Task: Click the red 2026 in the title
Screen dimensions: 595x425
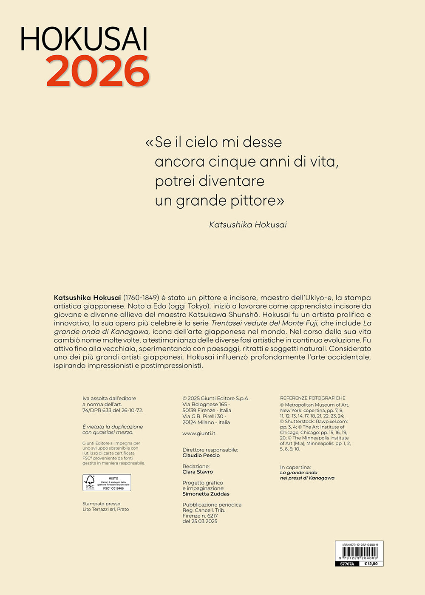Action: pos(98,71)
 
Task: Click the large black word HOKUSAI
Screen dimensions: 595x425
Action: pos(84,39)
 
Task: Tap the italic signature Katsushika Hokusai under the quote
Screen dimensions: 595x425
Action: pos(248,224)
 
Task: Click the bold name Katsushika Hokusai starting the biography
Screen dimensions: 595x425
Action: pos(88,297)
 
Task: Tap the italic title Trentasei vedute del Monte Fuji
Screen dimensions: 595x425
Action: pos(264,323)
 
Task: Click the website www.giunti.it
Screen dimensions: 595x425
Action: pos(199,433)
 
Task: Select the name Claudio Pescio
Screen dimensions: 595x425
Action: pos(201,456)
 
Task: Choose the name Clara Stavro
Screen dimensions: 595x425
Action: pos(198,472)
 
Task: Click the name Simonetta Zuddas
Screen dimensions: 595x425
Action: pos(206,494)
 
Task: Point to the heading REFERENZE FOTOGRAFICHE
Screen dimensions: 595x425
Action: pos(313,398)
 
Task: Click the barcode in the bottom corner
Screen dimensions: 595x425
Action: pos(359,554)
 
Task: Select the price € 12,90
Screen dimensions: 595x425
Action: pos(371,564)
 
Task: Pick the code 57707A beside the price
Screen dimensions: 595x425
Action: pos(347,564)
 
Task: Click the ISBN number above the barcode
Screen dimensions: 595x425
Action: pos(360,544)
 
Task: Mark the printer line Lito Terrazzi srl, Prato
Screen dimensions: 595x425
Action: pos(105,509)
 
